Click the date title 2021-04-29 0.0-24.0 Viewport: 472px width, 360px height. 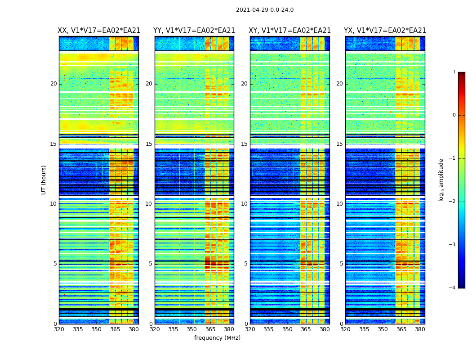tap(265, 10)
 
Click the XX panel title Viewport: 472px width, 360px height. tap(99, 31)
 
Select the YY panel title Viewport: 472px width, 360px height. tap(194, 31)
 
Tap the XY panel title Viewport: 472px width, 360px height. tap(290, 31)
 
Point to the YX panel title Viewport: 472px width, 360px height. tap(385, 31)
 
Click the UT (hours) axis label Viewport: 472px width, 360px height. tap(44, 180)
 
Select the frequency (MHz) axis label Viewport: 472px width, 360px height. tap(217, 338)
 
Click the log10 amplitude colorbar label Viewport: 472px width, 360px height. tap(441, 180)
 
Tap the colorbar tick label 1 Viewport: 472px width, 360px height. tap(454, 72)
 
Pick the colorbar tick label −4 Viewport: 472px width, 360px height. tap(453, 288)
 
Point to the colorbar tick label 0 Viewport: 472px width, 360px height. tap(454, 115)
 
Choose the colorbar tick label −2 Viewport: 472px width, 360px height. tap(453, 202)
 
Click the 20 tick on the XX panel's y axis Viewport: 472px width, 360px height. tap(53, 84)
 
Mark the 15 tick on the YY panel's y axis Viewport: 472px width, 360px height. tap(149, 144)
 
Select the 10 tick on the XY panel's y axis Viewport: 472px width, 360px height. tap(244, 204)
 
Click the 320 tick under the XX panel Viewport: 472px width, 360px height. tap(59, 329)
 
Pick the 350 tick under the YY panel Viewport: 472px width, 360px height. tap(192, 329)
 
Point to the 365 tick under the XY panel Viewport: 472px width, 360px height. tap(306, 329)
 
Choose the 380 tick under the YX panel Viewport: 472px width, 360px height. tap(420, 329)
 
